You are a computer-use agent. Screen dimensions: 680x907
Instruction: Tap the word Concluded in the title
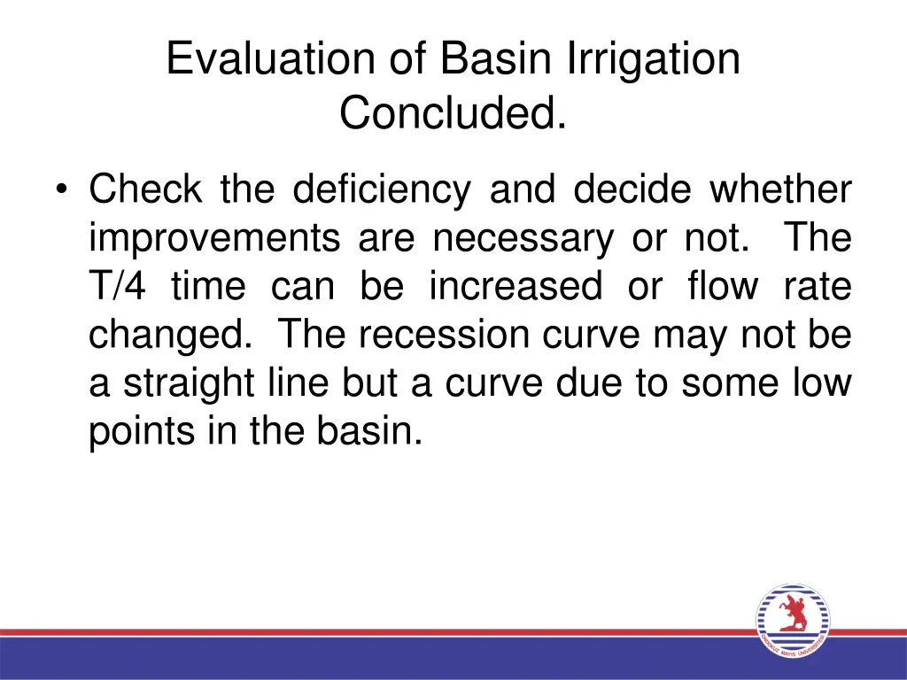coord(453,112)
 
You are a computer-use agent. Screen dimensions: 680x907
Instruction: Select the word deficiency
coord(382,190)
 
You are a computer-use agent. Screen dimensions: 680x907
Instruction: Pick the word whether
coord(780,190)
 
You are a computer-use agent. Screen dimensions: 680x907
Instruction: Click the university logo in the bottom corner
coord(792,621)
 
